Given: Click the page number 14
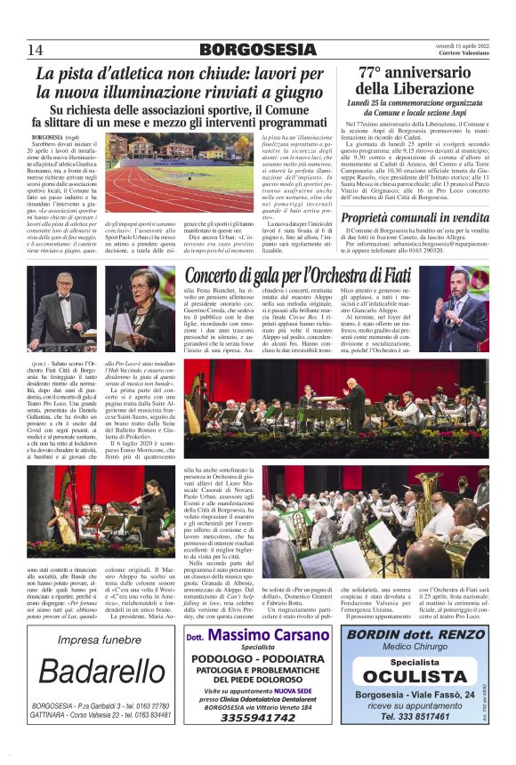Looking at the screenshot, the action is pos(36,48).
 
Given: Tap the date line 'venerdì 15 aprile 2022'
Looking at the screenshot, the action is pos(456,44).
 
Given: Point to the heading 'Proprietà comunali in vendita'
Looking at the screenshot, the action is pos(415,217).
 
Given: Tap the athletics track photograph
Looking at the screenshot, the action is pos(179,172).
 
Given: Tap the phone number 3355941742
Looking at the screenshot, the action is pos(259,742).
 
